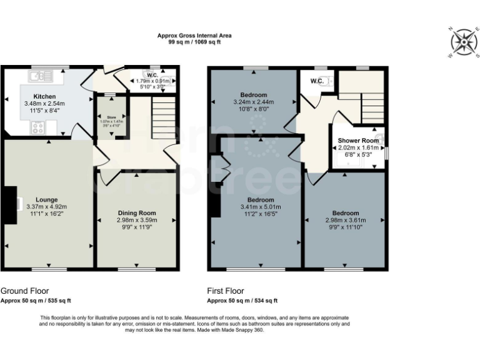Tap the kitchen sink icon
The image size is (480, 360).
39,77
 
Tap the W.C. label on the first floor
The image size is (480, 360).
316,81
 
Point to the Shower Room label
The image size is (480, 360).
358,140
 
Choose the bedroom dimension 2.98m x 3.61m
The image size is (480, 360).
345,220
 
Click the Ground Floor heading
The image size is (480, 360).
24,291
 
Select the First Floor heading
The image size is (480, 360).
226,291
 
